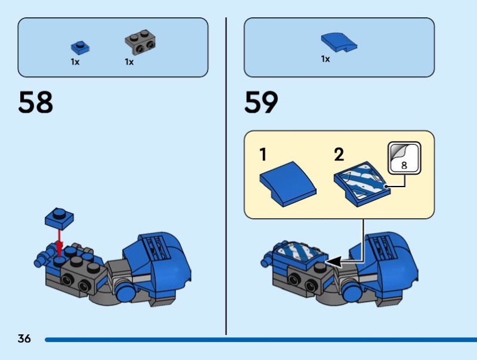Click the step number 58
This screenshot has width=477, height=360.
pyautogui.click(x=36, y=102)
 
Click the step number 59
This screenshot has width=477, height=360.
pyautogui.click(x=261, y=102)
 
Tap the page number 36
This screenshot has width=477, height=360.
pyautogui.click(x=24, y=339)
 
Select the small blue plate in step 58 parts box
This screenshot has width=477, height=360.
pyautogui.click(x=78, y=46)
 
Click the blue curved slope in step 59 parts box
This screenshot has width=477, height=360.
pyautogui.click(x=338, y=41)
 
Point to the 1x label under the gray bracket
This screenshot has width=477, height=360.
pyautogui.click(x=129, y=61)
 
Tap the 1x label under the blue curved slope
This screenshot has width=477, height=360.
pyautogui.click(x=325, y=59)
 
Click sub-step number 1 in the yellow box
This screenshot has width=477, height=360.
pyautogui.click(x=262, y=155)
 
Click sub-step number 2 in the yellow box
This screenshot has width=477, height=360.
pyautogui.click(x=339, y=155)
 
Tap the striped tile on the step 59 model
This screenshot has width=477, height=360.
pyautogui.click(x=300, y=251)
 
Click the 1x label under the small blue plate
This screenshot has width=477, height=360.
pyautogui.click(x=75, y=61)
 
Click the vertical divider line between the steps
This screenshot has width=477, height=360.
pyautogui.click(x=226, y=179)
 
